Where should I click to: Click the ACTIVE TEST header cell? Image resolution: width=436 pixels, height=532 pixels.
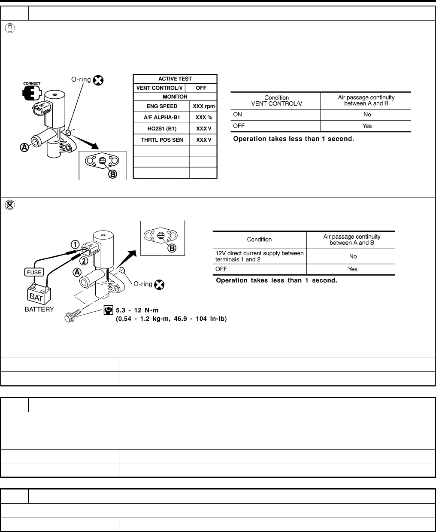[175, 79]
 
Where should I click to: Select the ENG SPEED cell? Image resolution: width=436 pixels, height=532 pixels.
[161, 106]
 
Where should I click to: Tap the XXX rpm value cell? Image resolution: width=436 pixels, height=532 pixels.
[203, 106]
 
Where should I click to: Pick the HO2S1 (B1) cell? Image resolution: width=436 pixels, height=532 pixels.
[161, 128]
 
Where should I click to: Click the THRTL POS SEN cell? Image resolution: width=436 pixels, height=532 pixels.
[161, 140]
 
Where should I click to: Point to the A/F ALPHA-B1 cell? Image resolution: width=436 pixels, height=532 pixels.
[161, 117]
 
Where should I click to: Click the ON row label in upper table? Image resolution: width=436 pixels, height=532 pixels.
[237, 115]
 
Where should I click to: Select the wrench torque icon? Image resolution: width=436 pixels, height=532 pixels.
[109, 310]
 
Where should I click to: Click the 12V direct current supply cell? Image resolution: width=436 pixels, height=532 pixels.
[259, 256]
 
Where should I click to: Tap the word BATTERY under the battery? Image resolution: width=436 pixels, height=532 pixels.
[39, 310]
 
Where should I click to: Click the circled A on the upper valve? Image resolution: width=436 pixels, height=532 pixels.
[25, 147]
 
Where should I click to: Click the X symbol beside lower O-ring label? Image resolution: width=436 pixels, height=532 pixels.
[160, 284]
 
